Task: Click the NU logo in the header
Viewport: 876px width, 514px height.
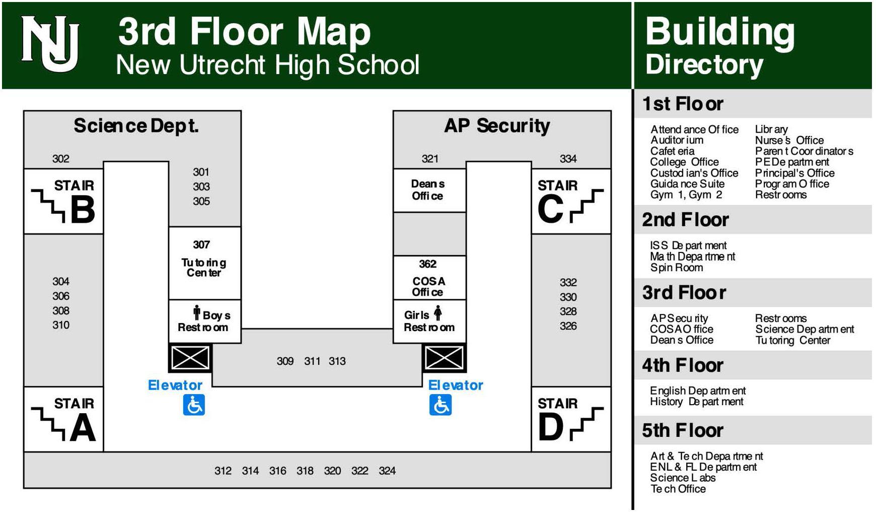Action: click(x=50, y=44)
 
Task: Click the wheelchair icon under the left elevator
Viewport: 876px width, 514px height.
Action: click(x=194, y=405)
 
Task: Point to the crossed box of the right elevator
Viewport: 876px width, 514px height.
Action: click(x=444, y=358)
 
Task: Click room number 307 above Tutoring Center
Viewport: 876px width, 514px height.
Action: click(x=201, y=245)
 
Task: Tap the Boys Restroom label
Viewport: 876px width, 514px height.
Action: click(x=204, y=322)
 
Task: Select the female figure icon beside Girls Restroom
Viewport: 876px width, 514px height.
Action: click(x=438, y=313)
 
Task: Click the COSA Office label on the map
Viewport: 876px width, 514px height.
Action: click(x=428, y=287)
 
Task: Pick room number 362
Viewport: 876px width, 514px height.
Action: click(x=427, y=264)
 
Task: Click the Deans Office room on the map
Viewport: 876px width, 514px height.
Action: click(x=427, y=190)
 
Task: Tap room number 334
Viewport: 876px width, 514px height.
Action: click(x=568, y=159)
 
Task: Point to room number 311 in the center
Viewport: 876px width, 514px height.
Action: click(x=312, y=361)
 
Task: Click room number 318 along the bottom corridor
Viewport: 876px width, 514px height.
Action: click(x=305, y=471)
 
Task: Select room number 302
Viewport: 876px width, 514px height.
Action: click(x=61, y=159)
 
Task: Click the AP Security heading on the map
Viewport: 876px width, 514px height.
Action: click(x=497, y=126)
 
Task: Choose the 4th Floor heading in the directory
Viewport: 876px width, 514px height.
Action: click(x=682, y=365)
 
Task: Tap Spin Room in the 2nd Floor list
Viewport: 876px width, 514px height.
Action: click(x=676, y=268)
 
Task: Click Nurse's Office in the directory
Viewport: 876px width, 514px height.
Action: click(x=789, y=141)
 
